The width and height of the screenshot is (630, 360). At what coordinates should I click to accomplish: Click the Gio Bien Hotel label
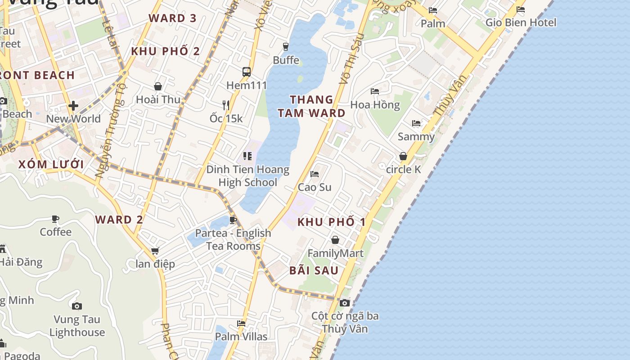(521, 22)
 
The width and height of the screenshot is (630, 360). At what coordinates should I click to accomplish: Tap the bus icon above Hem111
(247, 72)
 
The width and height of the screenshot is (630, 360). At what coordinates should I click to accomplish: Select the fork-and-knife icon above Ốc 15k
(226, 105)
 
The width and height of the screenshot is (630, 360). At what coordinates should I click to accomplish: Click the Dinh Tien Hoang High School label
(247, 176)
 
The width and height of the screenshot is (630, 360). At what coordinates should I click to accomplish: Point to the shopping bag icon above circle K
(403, 156)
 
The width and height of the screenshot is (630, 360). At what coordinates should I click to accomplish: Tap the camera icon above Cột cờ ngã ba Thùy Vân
(345, 303)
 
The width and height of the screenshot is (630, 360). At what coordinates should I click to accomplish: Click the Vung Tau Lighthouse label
(77, 326)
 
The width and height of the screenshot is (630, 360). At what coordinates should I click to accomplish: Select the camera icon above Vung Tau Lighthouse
(77, 306)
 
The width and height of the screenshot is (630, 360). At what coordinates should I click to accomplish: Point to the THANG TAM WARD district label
(311, 106)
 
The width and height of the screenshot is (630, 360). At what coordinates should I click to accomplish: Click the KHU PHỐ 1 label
(332, 222)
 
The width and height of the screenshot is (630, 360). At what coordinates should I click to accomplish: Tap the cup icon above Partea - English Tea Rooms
(233, 220)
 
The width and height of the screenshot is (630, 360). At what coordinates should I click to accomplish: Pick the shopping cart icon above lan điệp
(155, 251)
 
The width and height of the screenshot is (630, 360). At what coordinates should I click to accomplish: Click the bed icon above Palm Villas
(241, 323)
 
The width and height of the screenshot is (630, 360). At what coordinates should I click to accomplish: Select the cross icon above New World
(73, 106)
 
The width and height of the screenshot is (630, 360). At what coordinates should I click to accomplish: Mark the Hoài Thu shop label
(158, 99)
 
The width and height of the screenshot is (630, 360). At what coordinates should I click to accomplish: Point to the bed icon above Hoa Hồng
(375, 91)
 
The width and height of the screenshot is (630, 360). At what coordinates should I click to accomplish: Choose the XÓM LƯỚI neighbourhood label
(51, 164)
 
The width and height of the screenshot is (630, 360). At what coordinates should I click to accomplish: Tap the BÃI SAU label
(314, 270)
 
